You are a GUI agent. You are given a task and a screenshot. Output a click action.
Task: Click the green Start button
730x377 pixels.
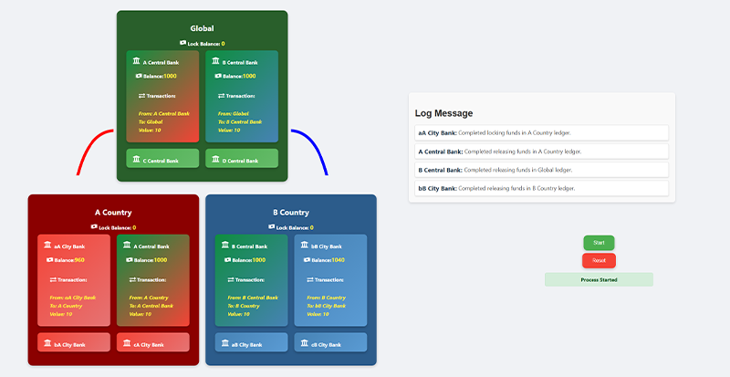tap(599, 243)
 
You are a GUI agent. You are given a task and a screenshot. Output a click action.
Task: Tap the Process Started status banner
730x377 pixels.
tap(599, 279)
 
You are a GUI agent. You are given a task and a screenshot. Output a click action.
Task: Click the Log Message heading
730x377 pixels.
tap(443, 113)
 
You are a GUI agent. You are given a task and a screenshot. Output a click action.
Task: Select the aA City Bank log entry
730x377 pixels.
tap(541, 133)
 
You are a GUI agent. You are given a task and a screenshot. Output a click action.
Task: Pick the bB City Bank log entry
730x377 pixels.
tap(541, 188)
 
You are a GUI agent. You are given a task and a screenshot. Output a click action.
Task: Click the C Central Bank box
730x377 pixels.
tap(162, 160)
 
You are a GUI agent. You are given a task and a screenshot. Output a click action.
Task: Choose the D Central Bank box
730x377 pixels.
tap(241, 160)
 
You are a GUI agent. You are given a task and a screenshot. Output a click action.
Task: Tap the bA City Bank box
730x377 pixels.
tap(73, 344)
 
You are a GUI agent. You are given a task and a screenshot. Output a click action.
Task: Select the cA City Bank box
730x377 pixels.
tap(152, 344)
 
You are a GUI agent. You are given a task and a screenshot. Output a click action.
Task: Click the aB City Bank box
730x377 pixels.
tap(251, 344)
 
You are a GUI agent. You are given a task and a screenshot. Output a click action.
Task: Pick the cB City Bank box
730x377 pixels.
tap(330, 344)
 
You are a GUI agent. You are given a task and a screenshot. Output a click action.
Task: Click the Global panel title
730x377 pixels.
tap(202, 29)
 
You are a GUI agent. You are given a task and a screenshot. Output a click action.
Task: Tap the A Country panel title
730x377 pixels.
tap(112, 213)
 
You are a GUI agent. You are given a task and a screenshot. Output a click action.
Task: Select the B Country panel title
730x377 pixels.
tap(290, 213)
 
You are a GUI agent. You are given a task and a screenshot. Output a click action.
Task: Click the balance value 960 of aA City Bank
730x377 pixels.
tap(79, 260)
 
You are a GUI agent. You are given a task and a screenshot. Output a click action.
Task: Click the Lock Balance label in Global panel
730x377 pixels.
tap(202, 44)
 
